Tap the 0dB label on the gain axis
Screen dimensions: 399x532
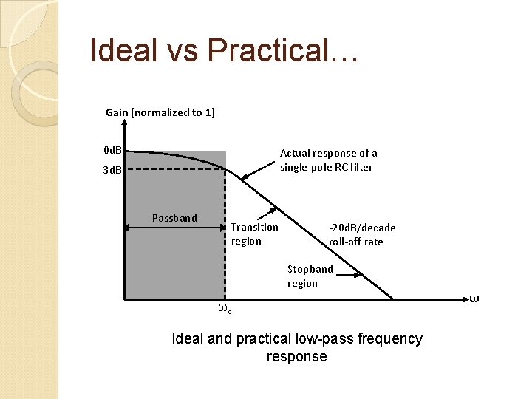[112, 151]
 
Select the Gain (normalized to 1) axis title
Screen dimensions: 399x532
[160, 112]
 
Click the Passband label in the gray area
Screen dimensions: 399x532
[174, 217]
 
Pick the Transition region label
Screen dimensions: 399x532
[254, 233]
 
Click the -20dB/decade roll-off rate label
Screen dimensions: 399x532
[362, 234]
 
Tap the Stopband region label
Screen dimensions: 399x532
[310, 276]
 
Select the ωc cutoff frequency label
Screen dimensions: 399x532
[225, 309]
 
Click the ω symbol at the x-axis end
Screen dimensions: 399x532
[474, 299]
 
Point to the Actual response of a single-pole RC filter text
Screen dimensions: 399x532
[328, 160]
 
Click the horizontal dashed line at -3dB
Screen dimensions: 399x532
[174, 168]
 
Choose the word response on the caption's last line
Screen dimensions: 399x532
[296, 356]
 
